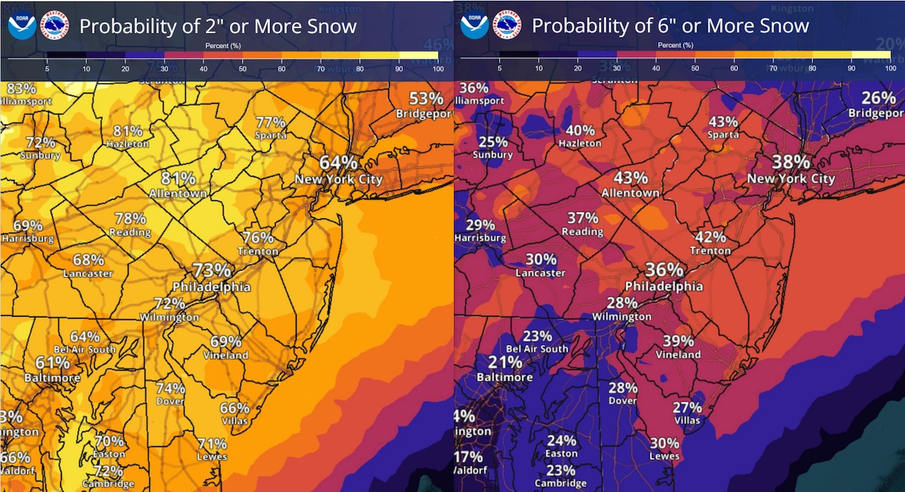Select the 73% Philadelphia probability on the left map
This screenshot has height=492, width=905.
[212, 270]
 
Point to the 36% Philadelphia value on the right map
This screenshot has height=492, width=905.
[664, 270]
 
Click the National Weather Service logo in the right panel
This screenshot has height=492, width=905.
[506, 25]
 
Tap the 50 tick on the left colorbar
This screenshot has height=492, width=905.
[243, 69]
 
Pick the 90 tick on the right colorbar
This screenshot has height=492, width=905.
[851, 69]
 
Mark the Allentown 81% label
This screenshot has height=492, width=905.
[178, 177]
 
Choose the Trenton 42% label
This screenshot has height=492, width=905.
[711, 238]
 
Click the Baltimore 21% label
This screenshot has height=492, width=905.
[505, 363]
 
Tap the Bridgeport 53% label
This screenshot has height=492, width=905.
[426, 98]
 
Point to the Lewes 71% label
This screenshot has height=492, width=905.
[212, 444]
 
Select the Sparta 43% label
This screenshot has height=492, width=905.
[723, 122]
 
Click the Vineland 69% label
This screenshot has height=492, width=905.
[226, 341]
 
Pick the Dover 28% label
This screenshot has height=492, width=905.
[623, 388]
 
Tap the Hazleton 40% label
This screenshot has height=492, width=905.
[580, 131]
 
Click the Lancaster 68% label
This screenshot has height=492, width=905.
[88, 260]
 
